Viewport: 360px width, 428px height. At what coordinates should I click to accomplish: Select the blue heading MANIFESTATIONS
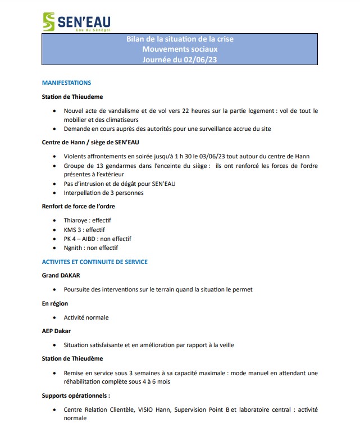click(x=66, y=83)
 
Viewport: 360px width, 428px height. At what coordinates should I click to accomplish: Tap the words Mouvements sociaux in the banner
click(x=180, y=49)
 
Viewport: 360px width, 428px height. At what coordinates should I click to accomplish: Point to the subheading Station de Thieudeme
click(x=72, y=97)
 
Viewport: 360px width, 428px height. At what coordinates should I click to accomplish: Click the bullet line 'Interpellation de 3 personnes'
click(x=104, y=193)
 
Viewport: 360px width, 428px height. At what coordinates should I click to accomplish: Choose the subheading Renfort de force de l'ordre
click(x=79, y=207)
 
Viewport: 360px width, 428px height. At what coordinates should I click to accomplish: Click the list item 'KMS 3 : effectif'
click(x=84, y=230)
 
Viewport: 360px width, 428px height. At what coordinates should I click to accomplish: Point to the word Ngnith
click(x=74, y=248)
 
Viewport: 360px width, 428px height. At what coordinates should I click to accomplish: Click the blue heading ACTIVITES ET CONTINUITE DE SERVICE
click(x=95, y=262)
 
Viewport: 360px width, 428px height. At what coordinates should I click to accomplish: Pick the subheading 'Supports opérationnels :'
click(x=76, y=395)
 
